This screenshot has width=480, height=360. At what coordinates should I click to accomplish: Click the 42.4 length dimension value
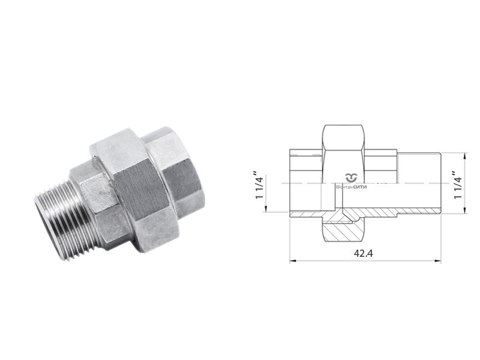(x=364, y=253)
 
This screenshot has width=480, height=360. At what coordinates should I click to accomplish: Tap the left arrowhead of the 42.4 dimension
(x=293, y=261)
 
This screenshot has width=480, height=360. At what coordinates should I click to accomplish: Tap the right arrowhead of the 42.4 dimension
(x=438, y=261)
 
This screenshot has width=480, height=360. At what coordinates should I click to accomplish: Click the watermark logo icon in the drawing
(x=352, y=178)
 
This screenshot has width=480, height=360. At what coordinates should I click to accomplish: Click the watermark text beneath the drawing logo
(x=351, y=187)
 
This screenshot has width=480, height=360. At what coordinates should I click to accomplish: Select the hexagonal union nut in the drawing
(x=343, y=183)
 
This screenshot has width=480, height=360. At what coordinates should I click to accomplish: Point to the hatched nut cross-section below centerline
(x=343, y=230)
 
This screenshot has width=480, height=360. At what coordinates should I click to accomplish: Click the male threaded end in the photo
(x=66, y=221)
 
